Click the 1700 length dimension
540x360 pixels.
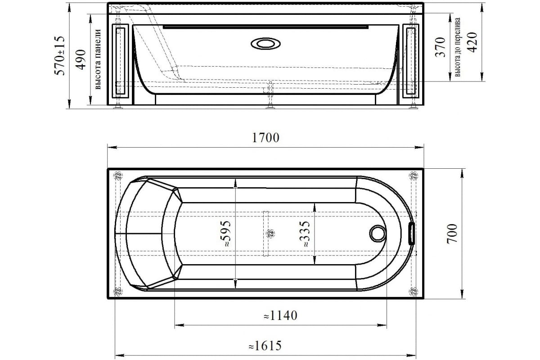click(x=265, y=138)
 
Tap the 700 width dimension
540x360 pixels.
click(x=452, y=234)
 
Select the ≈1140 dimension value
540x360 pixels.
click(x=280, y=315)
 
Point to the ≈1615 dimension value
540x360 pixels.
click(x=265, y=346)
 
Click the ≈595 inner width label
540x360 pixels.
click(x=226, y=234)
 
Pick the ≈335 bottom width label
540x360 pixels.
click(x=305, y=234)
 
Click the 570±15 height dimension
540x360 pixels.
click(x=59, y=56)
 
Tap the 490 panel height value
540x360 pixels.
click(x=81, y=60)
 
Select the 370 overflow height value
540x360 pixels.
click(x=440, y=47)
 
